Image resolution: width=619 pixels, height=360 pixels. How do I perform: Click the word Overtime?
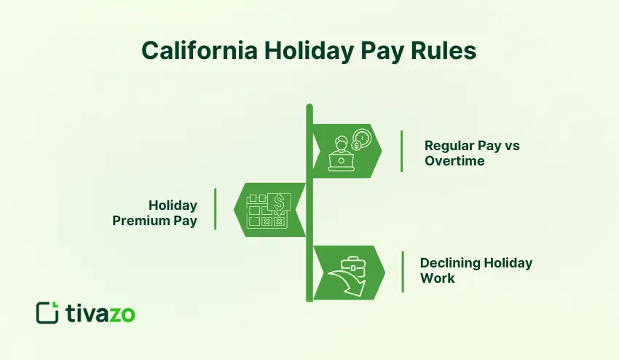(454, 160)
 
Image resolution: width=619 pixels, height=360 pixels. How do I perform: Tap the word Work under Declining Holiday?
(437, 278)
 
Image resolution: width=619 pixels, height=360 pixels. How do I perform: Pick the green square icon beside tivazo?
(47, 313)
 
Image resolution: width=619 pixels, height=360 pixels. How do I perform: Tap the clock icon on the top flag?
(360, 138)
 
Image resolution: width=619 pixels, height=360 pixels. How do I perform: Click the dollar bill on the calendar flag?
(279, 202)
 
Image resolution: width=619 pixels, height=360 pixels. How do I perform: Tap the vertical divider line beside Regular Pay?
(401, 151)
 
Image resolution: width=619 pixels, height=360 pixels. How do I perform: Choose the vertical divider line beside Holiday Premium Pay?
(215, 208)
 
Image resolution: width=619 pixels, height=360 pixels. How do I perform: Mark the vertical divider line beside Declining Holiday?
(402, 271)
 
